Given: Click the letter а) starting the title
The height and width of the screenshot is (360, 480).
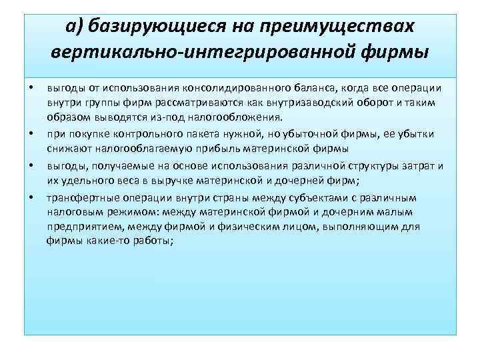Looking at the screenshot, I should click(74, 26).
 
